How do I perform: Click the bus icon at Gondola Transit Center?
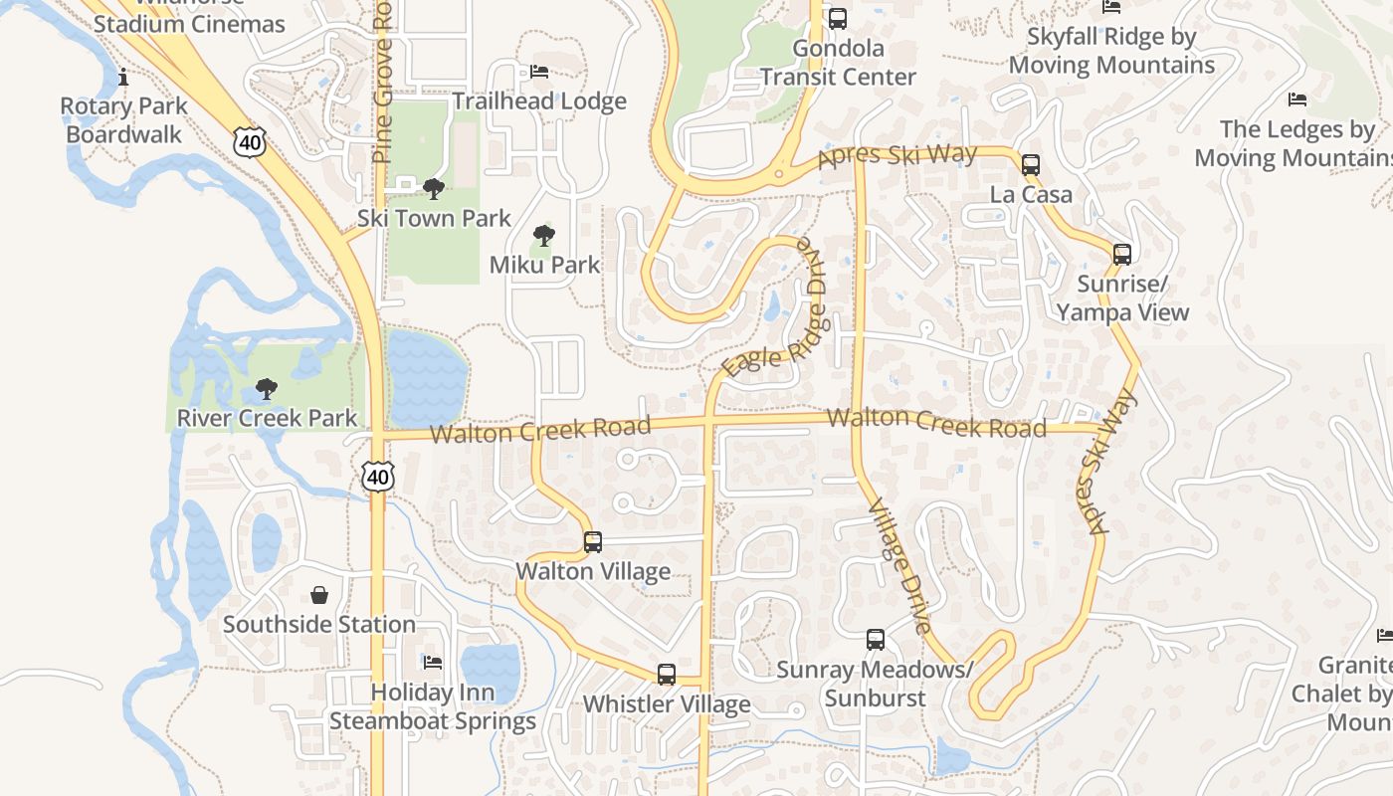[x=838, y=18]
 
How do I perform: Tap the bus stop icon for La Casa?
[x=1031, y=164]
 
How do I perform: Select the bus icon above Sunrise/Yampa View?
[x=1122, y=255]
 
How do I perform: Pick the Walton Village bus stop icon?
[x=593, y=542]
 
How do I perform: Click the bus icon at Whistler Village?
[x=667, y=675]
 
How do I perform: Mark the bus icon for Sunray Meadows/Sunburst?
[x=876, y=640]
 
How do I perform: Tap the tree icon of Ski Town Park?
[x=433, y=188]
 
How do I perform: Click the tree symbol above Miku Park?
[x=543, y=236]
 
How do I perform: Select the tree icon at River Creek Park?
[x=266, y=388]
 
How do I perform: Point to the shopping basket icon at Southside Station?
[x=319, y=595]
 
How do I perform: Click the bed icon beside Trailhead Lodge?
[x=539, y=72]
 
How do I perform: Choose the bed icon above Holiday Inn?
[x=432, y=662]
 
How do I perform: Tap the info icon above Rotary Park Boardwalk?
[x=123, y=77]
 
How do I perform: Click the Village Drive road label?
[x=900, y=566]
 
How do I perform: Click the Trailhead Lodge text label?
[x=539, y=101]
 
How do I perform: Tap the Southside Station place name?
[x=319, y=625]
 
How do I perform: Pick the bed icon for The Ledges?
[x=1296, y=99]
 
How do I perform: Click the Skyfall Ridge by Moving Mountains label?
[x=1111, y=52]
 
